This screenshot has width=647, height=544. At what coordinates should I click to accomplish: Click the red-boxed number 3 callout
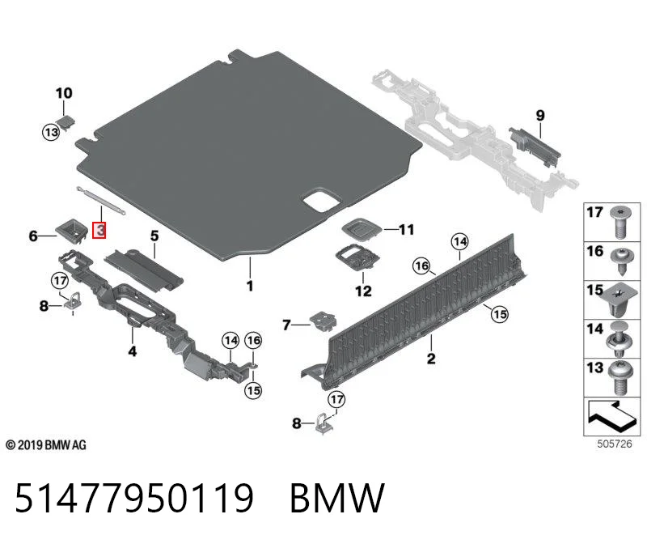pos(99,230)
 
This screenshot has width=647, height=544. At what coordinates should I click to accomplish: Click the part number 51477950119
pos(133,498)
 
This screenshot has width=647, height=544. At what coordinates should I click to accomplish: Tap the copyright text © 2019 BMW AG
pos(46,445)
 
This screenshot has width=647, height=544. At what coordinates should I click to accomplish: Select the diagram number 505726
pos(615,444)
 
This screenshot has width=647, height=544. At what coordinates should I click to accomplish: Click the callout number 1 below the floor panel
pos(250,286)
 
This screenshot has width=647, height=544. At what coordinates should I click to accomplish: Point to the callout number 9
pos(540,115)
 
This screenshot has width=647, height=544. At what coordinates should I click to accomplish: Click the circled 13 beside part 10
pos(51,132)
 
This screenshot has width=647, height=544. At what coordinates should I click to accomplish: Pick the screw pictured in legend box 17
pos(619,221)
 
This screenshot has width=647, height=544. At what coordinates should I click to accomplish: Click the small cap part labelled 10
pos(66,121)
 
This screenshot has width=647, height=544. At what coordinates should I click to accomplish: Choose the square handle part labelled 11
pos(361,229)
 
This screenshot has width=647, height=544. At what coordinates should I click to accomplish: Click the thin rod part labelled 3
pos(100,201)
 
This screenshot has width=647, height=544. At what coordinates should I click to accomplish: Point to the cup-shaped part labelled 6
pos(72,232)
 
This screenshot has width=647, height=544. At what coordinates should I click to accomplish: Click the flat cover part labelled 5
pos(143,270)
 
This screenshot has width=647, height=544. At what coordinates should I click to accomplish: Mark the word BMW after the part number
pos(337,498)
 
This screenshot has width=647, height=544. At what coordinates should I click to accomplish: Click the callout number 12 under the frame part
pos(363,291)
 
